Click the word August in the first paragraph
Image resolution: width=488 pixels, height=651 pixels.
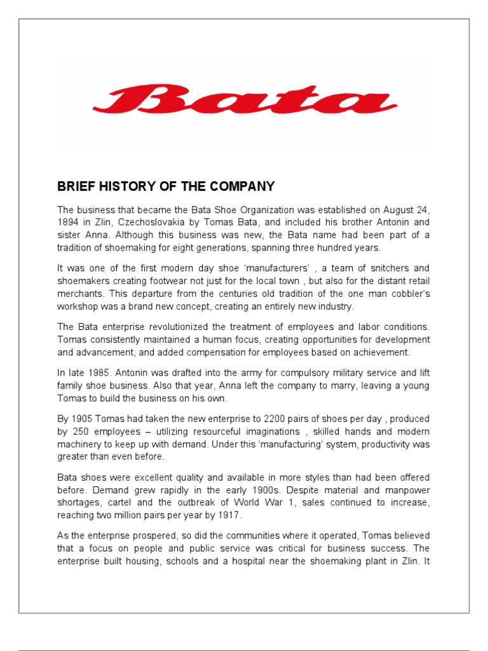[391, 210]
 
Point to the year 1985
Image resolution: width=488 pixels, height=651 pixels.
[104, 373]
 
